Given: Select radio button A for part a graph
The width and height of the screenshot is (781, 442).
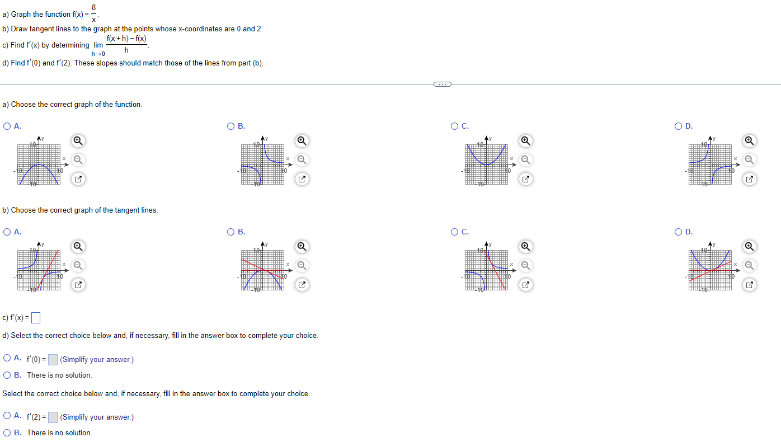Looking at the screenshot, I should pyautogui.click(x=7, y=126).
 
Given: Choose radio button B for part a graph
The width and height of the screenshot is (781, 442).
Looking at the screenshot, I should pyautogui.click(x=231, y=126).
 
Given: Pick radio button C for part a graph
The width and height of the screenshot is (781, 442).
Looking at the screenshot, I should pyautogui.click(x=455, y=126).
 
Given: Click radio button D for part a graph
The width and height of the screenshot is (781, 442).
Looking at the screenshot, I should pyautogui.click(x=679, y=126).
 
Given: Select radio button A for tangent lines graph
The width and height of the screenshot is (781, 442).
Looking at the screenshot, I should pyautogui.click(x=7, y=232).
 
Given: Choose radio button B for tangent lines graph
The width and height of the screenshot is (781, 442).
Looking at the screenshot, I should pyautogui.click(x=231, y=232).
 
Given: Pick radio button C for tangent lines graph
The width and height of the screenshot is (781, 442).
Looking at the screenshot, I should pyautogui.click(x=455, y=232).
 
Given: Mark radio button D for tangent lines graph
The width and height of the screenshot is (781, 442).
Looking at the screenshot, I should pyautogui.click(x=679, y=232).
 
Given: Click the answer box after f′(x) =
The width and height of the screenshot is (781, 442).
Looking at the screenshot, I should pyautogui.click(x=36, y=318).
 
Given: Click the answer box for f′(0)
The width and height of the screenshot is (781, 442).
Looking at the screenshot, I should pyautogui.click(x=53, y=360).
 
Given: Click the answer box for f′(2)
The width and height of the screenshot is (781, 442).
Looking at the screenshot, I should pyautogui.click(x=53, y=417).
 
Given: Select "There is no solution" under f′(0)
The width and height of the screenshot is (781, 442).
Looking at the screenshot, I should pyautogui.click(x=7, y=375).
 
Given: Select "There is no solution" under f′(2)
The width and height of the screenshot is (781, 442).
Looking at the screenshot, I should pyautogui.click(x=7, y=432).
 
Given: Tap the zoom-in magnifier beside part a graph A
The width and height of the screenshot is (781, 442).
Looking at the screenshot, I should pyautogui.click(x=78, y=140).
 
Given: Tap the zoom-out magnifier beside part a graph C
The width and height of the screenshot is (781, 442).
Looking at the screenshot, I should pyautogui.click(x=525, y=160).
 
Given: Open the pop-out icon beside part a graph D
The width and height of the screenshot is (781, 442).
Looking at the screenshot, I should pyautogui.click(x=750, y=179).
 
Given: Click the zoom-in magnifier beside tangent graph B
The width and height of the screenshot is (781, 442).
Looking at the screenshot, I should pyautogui.click(x=302, y=246).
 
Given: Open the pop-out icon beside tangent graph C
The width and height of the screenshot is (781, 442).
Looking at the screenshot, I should pyautogui.click(x=525, y=285).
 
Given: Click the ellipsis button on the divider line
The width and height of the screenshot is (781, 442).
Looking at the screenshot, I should pyautogui.click(x=442, y=84).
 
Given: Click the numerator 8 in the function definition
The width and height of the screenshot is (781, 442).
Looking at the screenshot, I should pyautogui.click(x=94, y=7).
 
